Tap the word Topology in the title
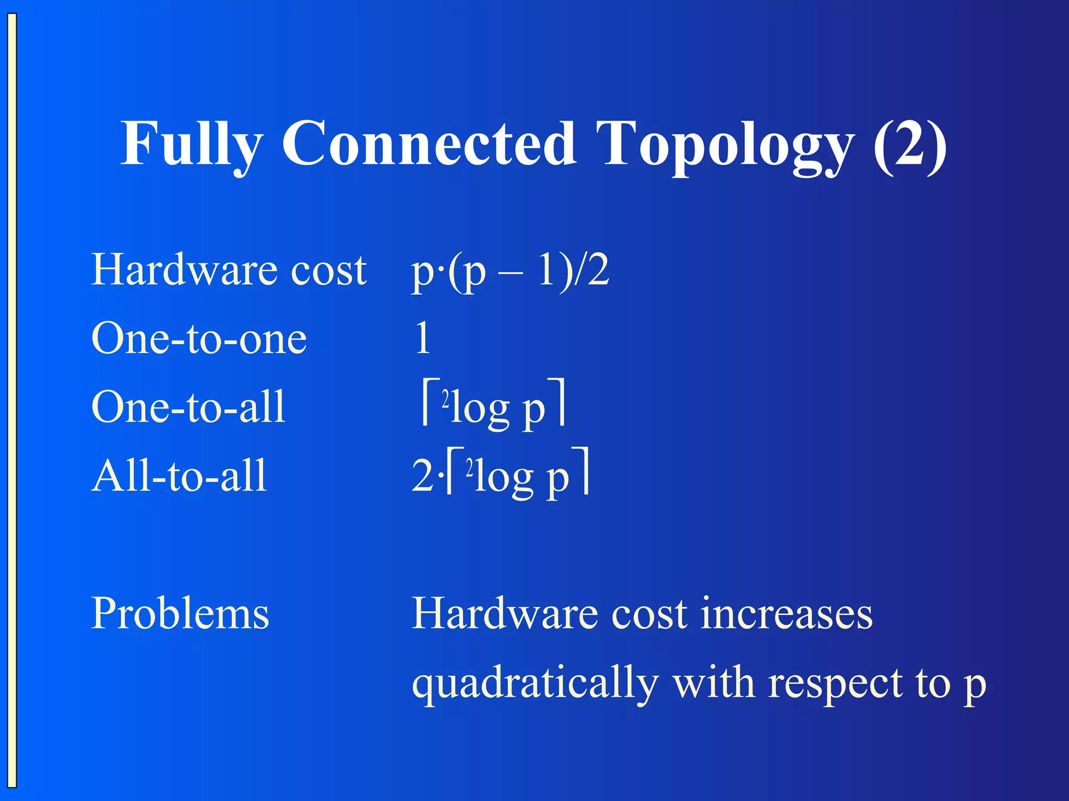coord(726,146)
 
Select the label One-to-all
coord(188,407)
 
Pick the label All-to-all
coord(179,476)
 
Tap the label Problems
coord(180,613)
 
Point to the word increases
coord(786,613)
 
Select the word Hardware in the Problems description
coord(504,613)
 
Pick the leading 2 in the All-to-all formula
coord(422,476)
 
